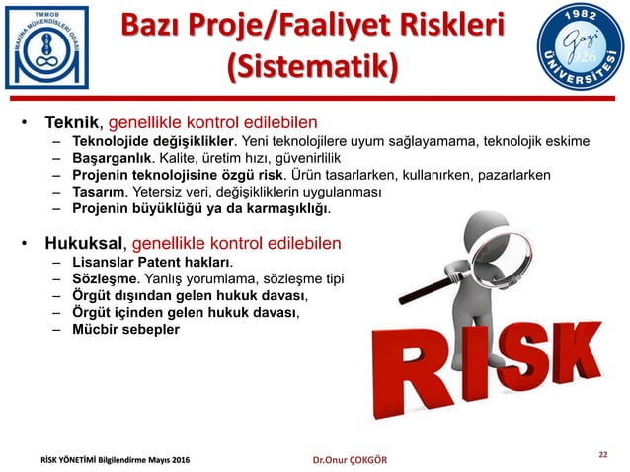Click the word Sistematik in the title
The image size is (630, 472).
pyautogui.click(x=311, y=69)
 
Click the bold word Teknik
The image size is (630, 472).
pyautogui.click(x=72, y=124)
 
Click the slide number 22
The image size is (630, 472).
pyautogui.click(x=603, y=453)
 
